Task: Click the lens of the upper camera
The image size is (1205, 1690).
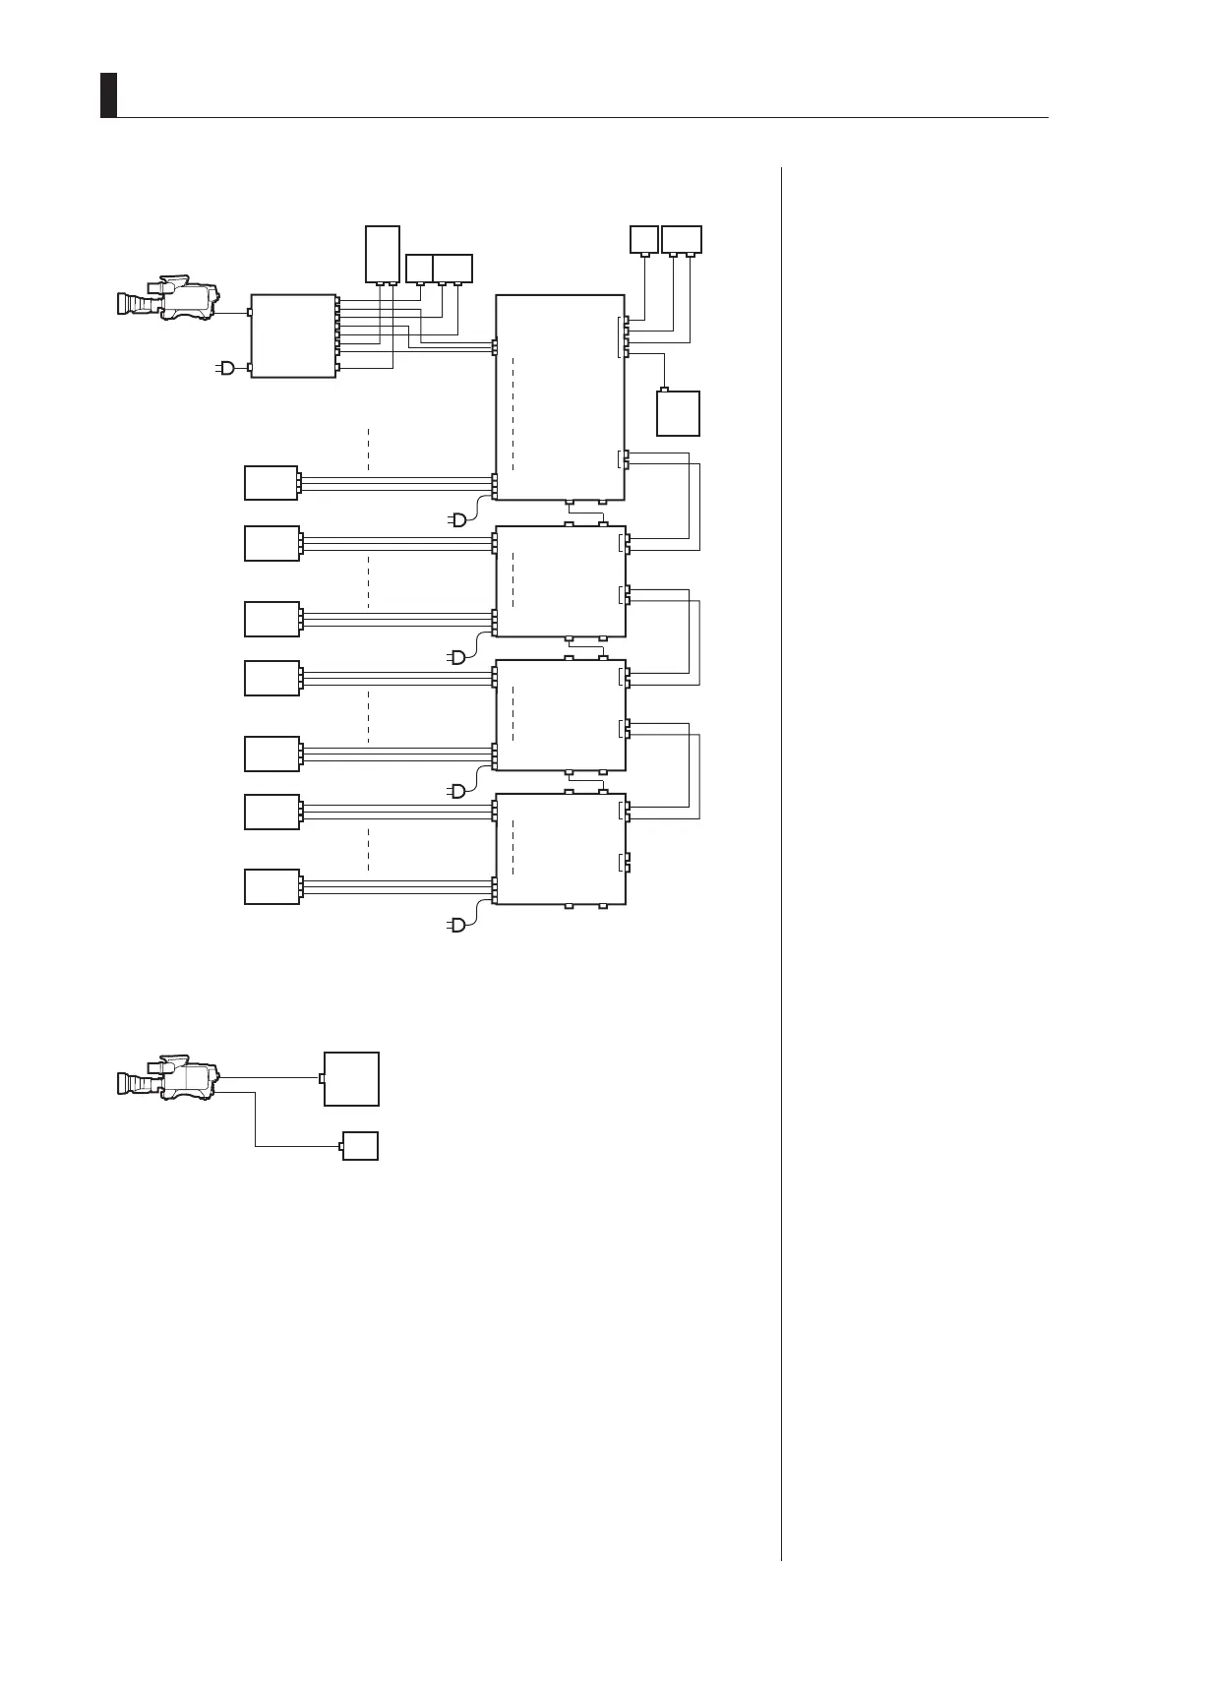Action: [x=128, y=304]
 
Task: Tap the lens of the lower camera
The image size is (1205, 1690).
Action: [x=128, y=1083]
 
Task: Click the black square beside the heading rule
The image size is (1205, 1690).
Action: [x=108, y=94]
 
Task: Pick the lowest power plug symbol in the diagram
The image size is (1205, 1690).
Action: [x=457, y=924]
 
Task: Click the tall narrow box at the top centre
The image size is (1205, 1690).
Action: [x=383, y=254]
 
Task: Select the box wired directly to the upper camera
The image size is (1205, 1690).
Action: [x=293, y=335]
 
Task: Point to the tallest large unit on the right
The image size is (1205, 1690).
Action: [x=560, y=396]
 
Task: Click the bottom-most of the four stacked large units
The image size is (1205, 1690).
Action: [x=560, y=848]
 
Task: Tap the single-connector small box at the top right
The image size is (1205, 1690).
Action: [x=643, y=238]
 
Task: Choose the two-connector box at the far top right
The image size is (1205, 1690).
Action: [x=682, y=238]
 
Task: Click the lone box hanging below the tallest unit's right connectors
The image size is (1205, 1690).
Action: [x=678, y=413]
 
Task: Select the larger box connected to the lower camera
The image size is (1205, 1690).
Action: [x=352, y=1078]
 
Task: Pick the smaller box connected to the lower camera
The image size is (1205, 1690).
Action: [x=360, y=1146]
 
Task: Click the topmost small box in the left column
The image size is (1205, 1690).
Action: [x=271, y=483]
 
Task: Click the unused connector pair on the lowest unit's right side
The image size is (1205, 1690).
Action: [x=625, y=863]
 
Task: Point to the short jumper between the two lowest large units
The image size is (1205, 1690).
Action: [x=586, y=781]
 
